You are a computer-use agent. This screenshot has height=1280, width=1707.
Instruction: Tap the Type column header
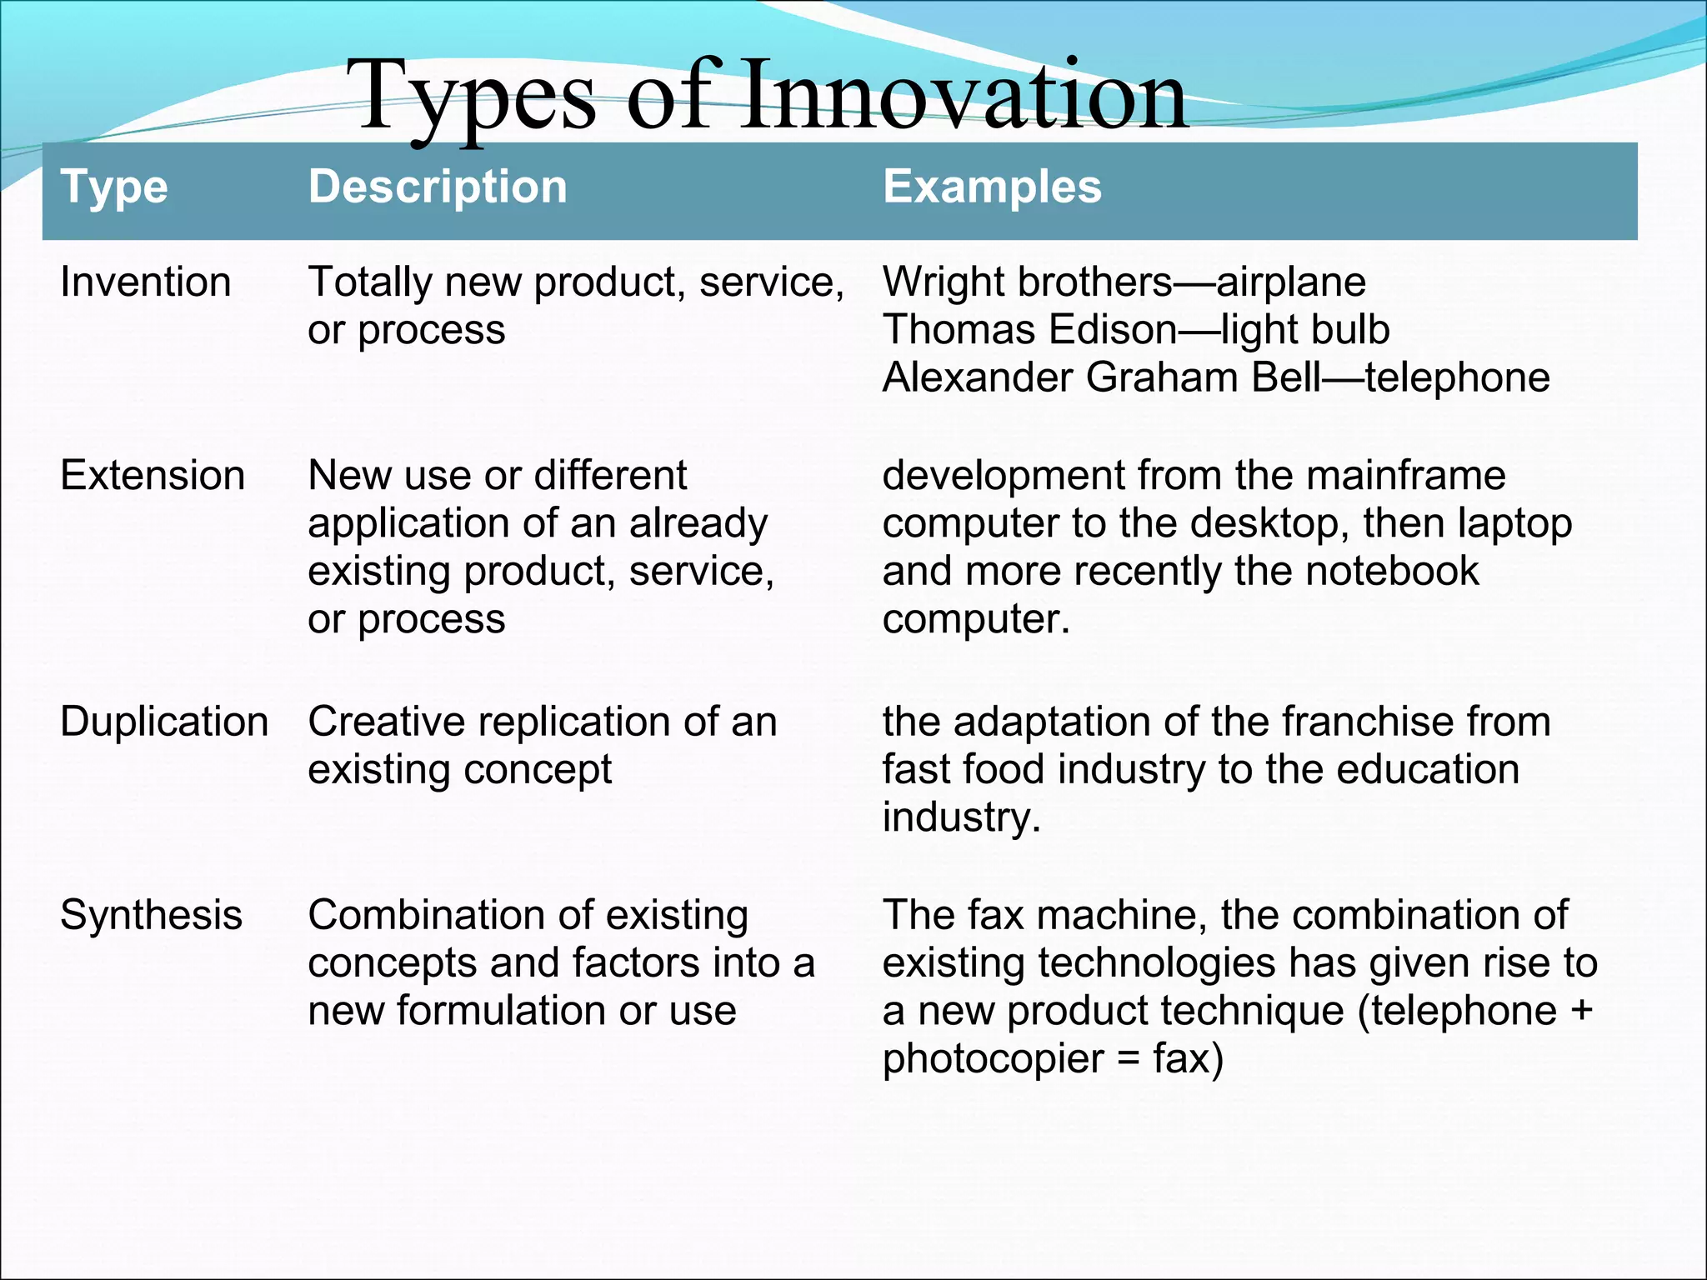click(x=114, y=187)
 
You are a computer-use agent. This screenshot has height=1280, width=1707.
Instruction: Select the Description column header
click(x=438, y=187)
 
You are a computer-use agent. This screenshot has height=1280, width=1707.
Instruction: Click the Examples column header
click(x=992, y=187)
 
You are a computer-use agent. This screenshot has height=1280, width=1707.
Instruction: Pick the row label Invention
click(x=145, y=282)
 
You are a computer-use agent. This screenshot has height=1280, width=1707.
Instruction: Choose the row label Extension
click(x=153, y=476)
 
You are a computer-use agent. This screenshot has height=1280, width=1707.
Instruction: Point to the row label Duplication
click(x=164, y=722)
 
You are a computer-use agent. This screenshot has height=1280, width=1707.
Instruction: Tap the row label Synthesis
click(x=151, y=915)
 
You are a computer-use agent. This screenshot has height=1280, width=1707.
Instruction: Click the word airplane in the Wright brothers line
click(x=1291, y=282)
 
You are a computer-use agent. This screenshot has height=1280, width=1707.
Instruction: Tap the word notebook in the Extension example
click(x=1392, y=572)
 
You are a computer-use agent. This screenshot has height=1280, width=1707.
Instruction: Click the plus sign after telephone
click(x=1581, y=1012)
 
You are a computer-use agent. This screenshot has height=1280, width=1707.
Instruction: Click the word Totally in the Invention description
click(x=370, y=282)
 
